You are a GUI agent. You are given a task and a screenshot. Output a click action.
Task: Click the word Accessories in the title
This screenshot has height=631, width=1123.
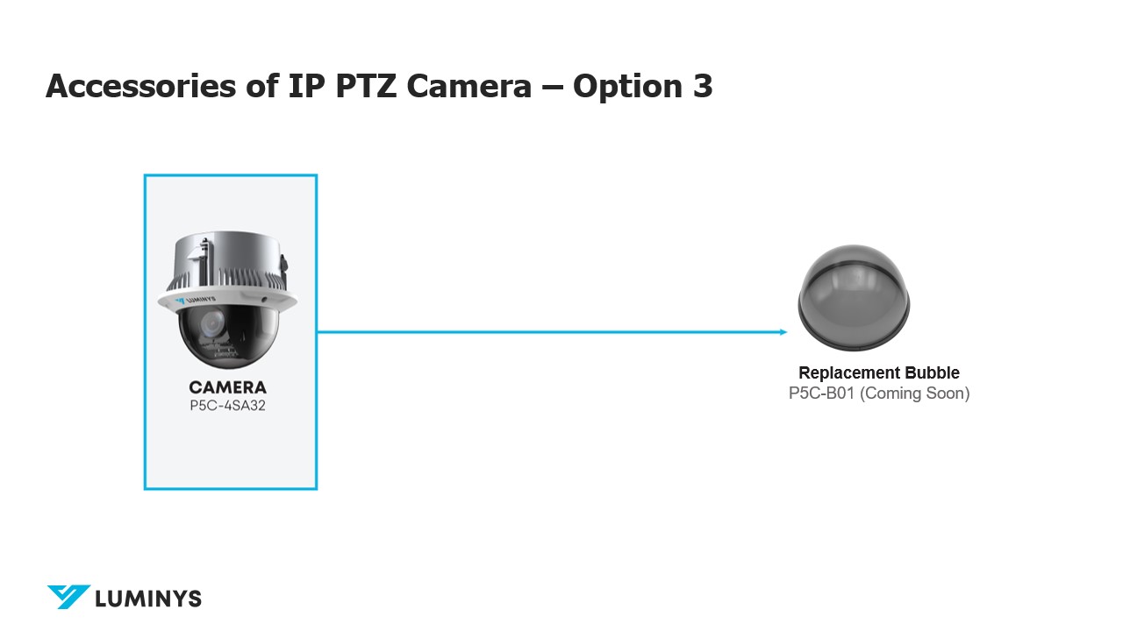point(141,86)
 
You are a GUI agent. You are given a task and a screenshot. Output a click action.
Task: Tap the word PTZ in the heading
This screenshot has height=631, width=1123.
point(366,86)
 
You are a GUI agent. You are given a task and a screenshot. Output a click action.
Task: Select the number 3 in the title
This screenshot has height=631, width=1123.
point(703,86)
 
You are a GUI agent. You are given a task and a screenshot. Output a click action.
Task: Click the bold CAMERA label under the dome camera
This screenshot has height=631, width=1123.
point(227,387)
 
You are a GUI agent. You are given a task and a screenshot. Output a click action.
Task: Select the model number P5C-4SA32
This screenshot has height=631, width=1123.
point(227,405)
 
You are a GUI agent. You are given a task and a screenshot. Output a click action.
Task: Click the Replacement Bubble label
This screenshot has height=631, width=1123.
point(879,373)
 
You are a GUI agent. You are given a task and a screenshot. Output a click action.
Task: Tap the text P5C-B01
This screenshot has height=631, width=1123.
point(821,393)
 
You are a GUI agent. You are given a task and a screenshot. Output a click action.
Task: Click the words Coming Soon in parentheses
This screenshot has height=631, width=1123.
point(915,393)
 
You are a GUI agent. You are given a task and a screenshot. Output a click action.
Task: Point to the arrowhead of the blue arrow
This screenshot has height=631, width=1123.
point(783,332)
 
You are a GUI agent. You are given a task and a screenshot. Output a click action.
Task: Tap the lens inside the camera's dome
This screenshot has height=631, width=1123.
point(211,323)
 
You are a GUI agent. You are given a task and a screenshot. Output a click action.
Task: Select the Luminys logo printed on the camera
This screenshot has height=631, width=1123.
point(196,301)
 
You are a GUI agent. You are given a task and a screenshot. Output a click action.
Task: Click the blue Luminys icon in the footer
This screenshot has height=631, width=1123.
point(68,597)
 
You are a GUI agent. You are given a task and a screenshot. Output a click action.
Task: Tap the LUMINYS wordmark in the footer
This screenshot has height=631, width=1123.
point(148,599)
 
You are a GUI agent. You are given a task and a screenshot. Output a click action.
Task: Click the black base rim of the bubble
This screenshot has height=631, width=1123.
point(854,341)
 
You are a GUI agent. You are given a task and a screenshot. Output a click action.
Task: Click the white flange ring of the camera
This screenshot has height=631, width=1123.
point(227,301)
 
